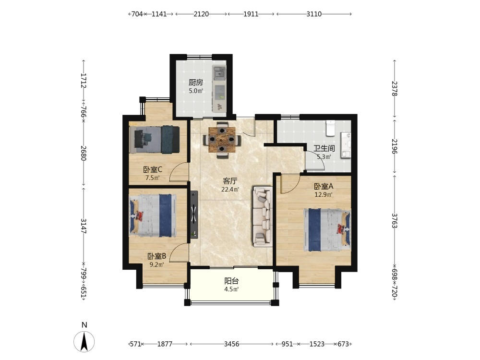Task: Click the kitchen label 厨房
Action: point(196,83)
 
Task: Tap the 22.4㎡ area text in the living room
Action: point(230,190)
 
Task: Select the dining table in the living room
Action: point(222,140)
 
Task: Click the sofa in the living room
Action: point(263,216)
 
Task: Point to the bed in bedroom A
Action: point(327,229)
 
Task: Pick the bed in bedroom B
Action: point(153,215)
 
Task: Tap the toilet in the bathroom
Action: point(330,128)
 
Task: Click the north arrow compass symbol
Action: point(84,341)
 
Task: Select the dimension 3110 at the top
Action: point(314,14)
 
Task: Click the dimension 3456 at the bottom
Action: point(231,344)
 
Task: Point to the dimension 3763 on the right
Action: point(394,221)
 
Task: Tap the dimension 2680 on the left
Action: point(84,153)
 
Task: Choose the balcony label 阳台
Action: point(231,281)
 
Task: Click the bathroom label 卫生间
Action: point(324,148)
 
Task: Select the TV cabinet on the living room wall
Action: point(194,214)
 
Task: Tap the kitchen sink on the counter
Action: point(219,72)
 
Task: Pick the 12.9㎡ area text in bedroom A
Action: point(324,194)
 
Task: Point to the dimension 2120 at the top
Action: point(201,14)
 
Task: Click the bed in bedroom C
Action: point(154,140)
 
